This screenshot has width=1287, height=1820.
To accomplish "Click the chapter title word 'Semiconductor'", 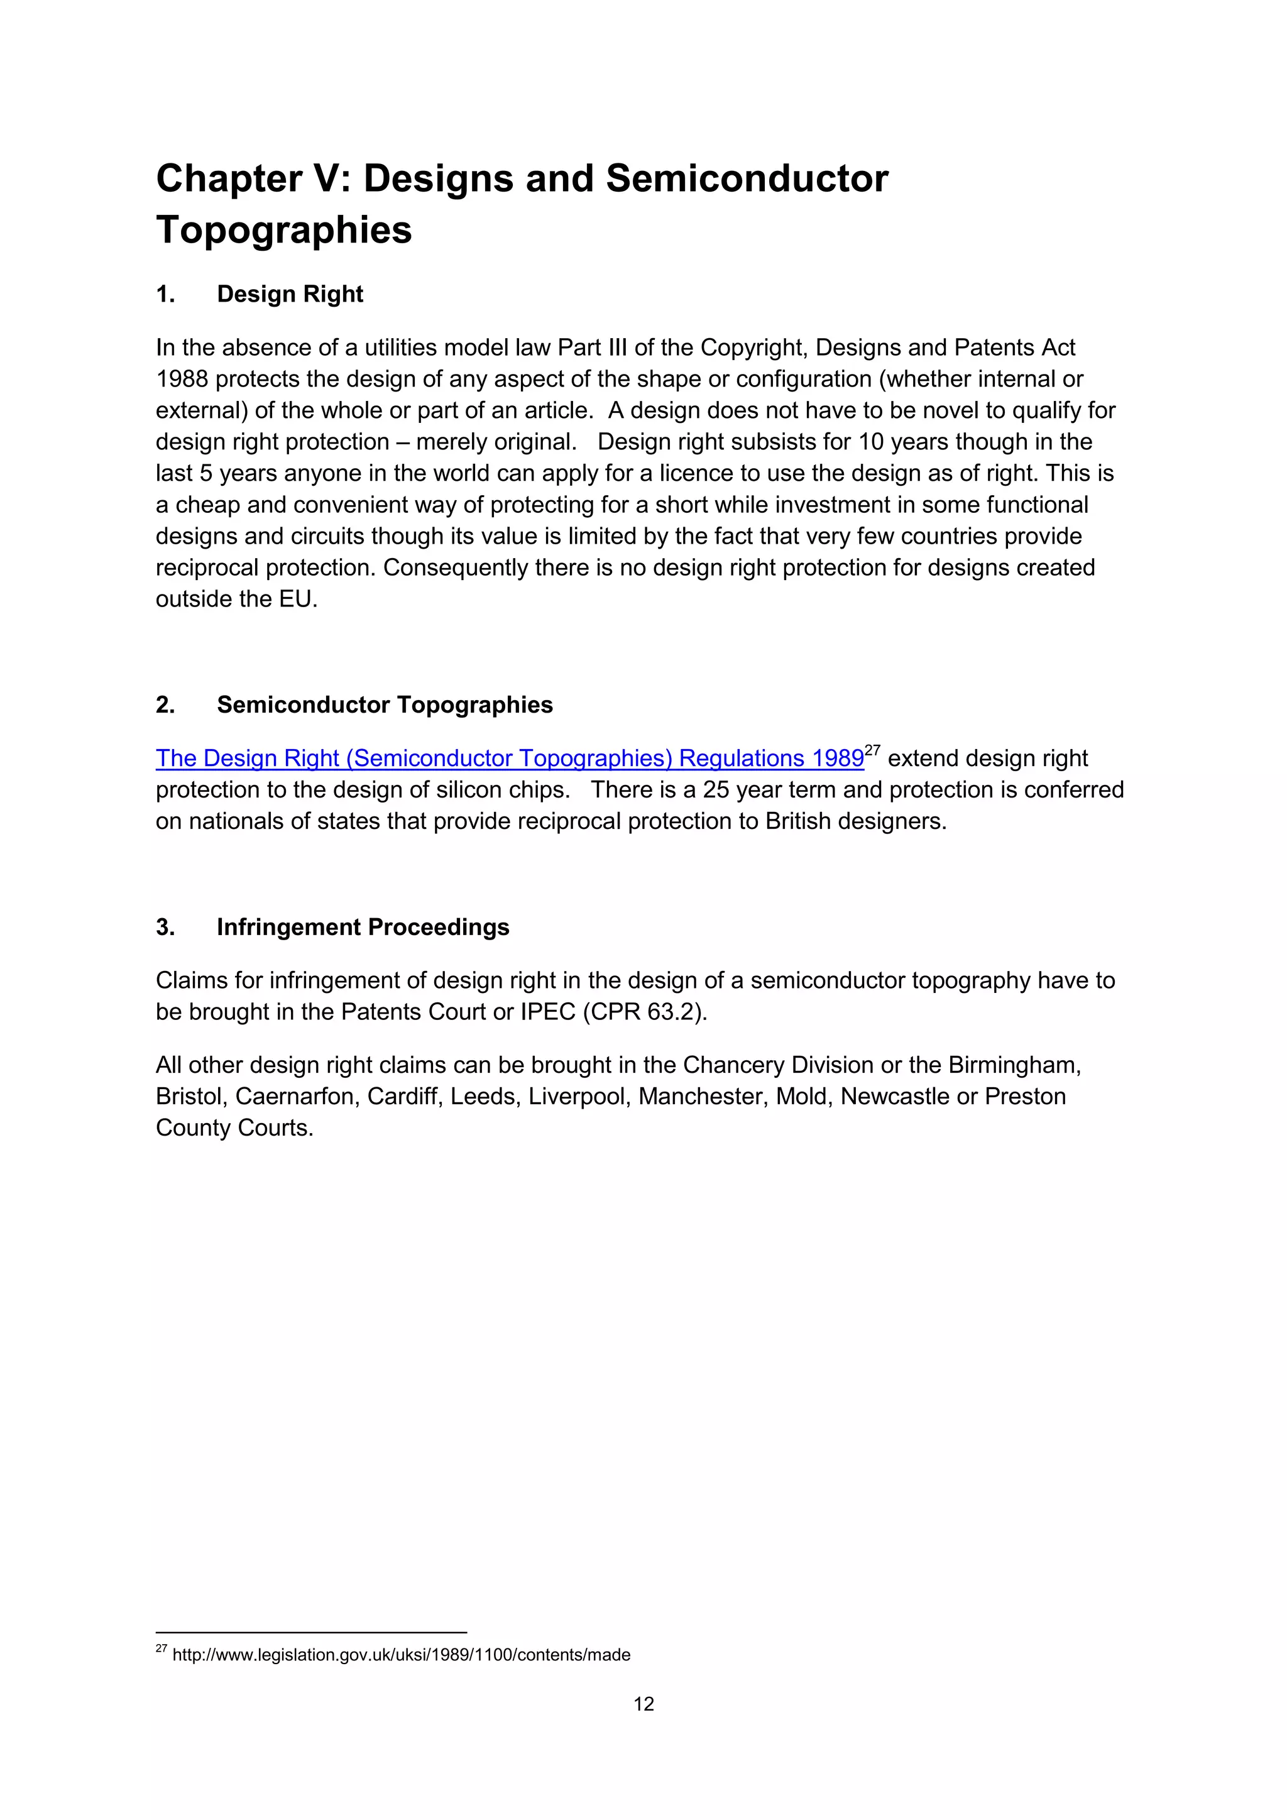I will [x=747, y=179].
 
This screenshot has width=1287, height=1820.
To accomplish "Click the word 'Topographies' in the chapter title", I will [x=283, y=231].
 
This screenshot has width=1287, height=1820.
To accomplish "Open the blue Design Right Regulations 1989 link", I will [x=509, y=759].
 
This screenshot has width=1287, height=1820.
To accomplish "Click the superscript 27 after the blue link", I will [x=872, y=750].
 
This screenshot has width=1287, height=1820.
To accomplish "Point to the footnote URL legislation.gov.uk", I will [x=401, y=1655].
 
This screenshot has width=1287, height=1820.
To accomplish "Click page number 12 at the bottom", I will [x=643, y=1704].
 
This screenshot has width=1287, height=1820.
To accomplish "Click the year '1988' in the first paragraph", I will [x=182, y=379].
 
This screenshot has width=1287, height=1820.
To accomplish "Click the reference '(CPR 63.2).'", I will [x=644, y=1012].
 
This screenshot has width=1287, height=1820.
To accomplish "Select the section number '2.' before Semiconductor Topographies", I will [x=165, y=706].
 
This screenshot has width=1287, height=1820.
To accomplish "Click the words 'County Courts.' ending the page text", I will [x=234, y=1128].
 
